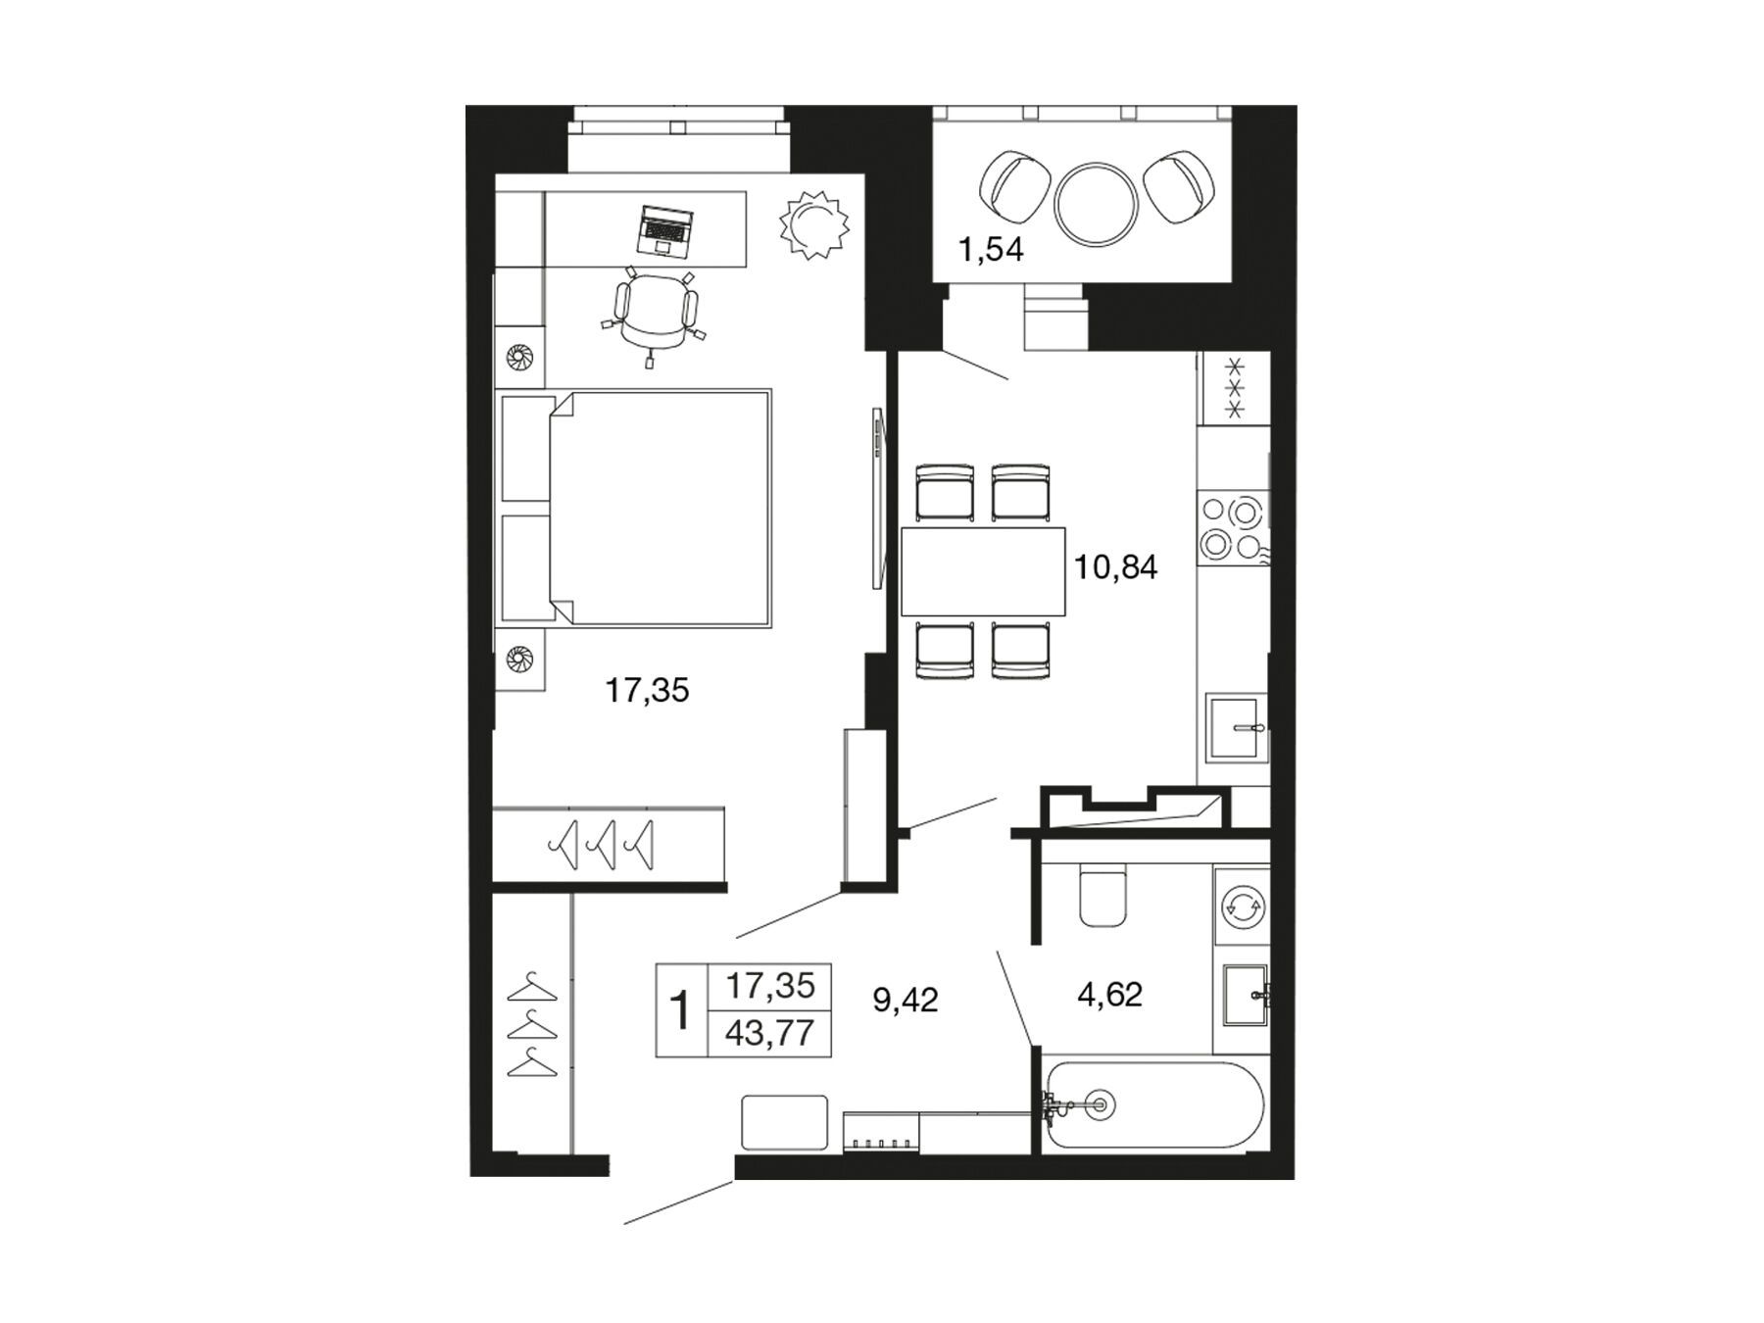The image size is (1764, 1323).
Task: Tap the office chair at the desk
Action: (652, 314)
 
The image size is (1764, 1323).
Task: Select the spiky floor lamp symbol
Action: (812, 224)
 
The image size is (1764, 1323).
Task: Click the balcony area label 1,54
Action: (991, 250)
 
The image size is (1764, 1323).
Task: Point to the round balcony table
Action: (1097, 204)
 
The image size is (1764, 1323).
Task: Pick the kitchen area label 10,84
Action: (1116, 566)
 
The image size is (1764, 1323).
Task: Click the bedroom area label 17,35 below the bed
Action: (647, 691)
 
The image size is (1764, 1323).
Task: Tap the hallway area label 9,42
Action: (906, 1000)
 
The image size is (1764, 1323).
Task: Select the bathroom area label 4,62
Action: (1110, 996)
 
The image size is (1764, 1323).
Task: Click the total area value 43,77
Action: (770, 1033)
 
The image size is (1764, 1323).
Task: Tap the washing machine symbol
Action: (1242, 906)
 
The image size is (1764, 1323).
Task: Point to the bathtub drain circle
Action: (1099, 1105)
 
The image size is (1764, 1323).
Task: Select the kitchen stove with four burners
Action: (1233, 528)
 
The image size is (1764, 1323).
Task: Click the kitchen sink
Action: (1237, 727)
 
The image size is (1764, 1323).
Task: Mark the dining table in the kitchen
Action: (983, 571)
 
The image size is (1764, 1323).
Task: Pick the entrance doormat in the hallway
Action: (786, 1122)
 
